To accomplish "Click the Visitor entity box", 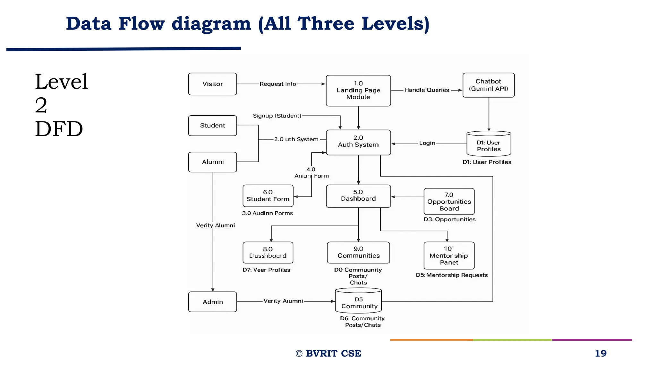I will pos(212,84).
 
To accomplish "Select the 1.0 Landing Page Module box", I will pos(358,90).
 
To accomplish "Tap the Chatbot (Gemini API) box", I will pos(488,85).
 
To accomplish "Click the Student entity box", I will pos(212,126).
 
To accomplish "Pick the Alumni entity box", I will pos(212,162).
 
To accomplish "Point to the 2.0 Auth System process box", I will pos(358,142).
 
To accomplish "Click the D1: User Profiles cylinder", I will pos(489,144).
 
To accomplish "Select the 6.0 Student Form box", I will pos(268,196).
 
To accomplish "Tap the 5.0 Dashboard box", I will pos(358,196).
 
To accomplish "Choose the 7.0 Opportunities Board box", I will pos(449,201).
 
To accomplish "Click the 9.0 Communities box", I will pos(358,252).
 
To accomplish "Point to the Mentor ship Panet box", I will pos(449,255).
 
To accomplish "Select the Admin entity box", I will pos(212,302).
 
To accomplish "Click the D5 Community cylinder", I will pos(358,301).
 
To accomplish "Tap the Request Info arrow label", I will pos(277,84).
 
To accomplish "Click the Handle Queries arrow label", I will pos(427,90).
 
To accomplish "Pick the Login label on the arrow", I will pos(427,143).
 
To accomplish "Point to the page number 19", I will pos(601,353).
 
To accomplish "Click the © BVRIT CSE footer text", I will pos(328,353).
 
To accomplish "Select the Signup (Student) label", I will pos(277,116).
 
